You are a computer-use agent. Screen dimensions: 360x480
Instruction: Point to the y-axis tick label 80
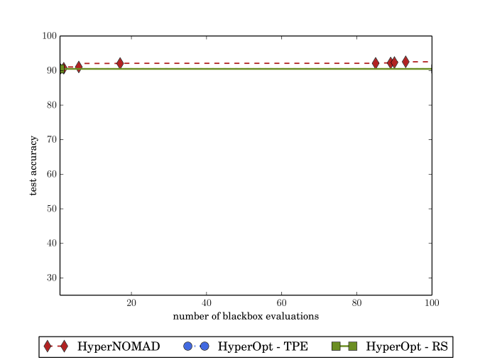50,105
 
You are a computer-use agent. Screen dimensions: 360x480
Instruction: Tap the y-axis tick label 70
50,139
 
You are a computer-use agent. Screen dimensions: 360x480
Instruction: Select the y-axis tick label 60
50,174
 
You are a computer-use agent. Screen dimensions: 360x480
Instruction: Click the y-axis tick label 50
50,209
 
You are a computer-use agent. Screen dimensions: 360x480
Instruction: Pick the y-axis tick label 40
50,243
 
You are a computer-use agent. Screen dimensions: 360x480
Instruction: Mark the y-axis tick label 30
50,278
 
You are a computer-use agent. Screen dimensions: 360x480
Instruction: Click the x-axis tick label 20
131,303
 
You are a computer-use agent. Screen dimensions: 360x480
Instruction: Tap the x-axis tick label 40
207,303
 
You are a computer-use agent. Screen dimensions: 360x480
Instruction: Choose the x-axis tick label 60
282,303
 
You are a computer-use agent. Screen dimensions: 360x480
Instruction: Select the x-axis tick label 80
357,303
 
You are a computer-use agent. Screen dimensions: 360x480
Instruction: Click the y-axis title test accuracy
33,165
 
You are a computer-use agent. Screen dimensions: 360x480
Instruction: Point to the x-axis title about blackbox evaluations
246,315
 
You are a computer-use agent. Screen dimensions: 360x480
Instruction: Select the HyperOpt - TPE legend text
262,347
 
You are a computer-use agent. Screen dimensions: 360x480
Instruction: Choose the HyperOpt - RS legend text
408,347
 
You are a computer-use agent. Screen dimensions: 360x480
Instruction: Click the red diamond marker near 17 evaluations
120,64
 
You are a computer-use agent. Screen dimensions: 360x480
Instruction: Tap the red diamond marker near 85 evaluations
376,63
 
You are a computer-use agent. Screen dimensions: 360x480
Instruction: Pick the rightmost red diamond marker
405,62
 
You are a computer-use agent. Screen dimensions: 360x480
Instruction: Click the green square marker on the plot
61,69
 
